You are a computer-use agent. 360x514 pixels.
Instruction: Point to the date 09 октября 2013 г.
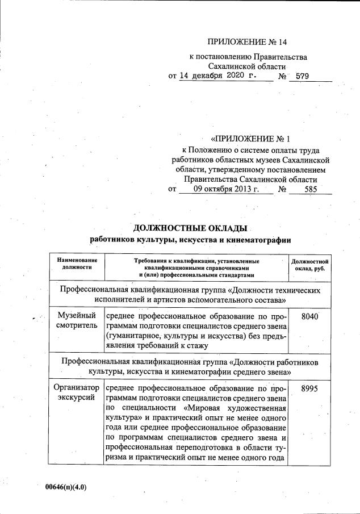(x=226, y=190)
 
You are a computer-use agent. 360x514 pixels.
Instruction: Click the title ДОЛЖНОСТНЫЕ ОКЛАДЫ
(x=190, y=228)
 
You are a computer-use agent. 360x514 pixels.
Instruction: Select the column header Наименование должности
(x=73, y=264)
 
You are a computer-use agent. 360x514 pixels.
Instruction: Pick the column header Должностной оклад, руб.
(x=310, y=264)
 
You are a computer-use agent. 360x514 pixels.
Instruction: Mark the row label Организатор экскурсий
(x=77, y=394)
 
